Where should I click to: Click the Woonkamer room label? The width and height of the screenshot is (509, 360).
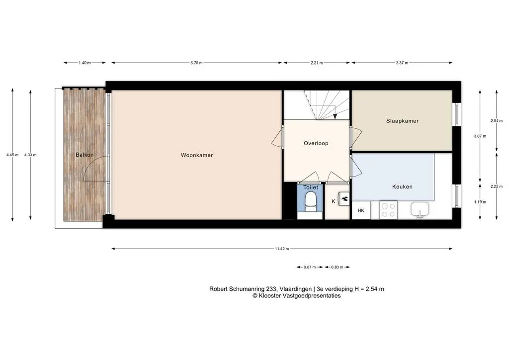197,155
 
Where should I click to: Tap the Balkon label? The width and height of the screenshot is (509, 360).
85,155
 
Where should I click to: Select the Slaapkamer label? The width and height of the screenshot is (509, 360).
402,121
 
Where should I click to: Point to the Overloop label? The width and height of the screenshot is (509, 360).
316,143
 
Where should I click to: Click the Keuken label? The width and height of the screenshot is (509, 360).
402,186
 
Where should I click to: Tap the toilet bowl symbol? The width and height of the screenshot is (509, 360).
311,201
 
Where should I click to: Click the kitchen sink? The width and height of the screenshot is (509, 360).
420,209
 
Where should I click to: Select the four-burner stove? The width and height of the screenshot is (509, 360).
389,210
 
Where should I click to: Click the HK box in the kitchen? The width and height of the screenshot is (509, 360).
361,210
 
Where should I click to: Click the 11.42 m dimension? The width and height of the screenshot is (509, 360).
282,249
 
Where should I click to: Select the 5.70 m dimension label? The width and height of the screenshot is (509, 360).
196,63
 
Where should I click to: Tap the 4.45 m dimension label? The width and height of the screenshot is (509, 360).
12,155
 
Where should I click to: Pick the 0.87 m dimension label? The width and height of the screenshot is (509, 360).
310,267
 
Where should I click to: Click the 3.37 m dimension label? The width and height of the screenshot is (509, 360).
402,63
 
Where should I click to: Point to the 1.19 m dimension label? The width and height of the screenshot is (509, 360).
480,201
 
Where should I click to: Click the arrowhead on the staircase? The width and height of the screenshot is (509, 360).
335,116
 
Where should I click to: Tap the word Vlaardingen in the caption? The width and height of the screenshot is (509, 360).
295,289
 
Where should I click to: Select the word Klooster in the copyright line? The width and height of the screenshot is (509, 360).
270,296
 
